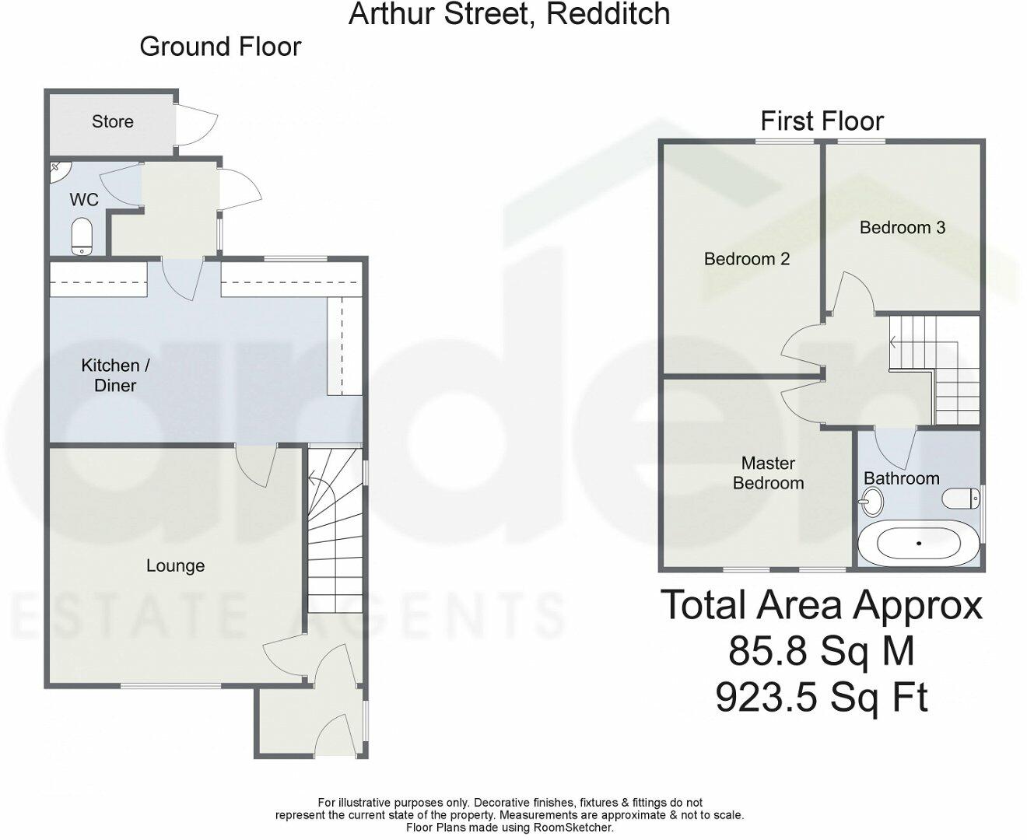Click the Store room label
pyautogui.click(x=113, y=121)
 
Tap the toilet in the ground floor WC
pyautogui.click(x=82, y=236)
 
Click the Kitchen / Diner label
pyautogui.click(x=115, y=375)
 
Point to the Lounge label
pyautogui.click(x=175, y=565)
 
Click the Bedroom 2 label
pyautogui.click(x=746, y=258)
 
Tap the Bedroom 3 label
pyautogui.click(x=902, y=227)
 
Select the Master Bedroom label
pyautogui.click(x=768, y=473)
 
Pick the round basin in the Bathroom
pyautogui.click(x=873, y=501)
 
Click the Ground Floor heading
pyautogui.click(x=220, y=47)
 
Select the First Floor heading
pyautogui.click(x=822, y=121)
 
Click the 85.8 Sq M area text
pyautogui.click(x=821, y=651)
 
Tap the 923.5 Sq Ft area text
pyautogui.click(x=821, y=697)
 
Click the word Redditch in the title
pyautogui.click(x=608, y=14)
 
